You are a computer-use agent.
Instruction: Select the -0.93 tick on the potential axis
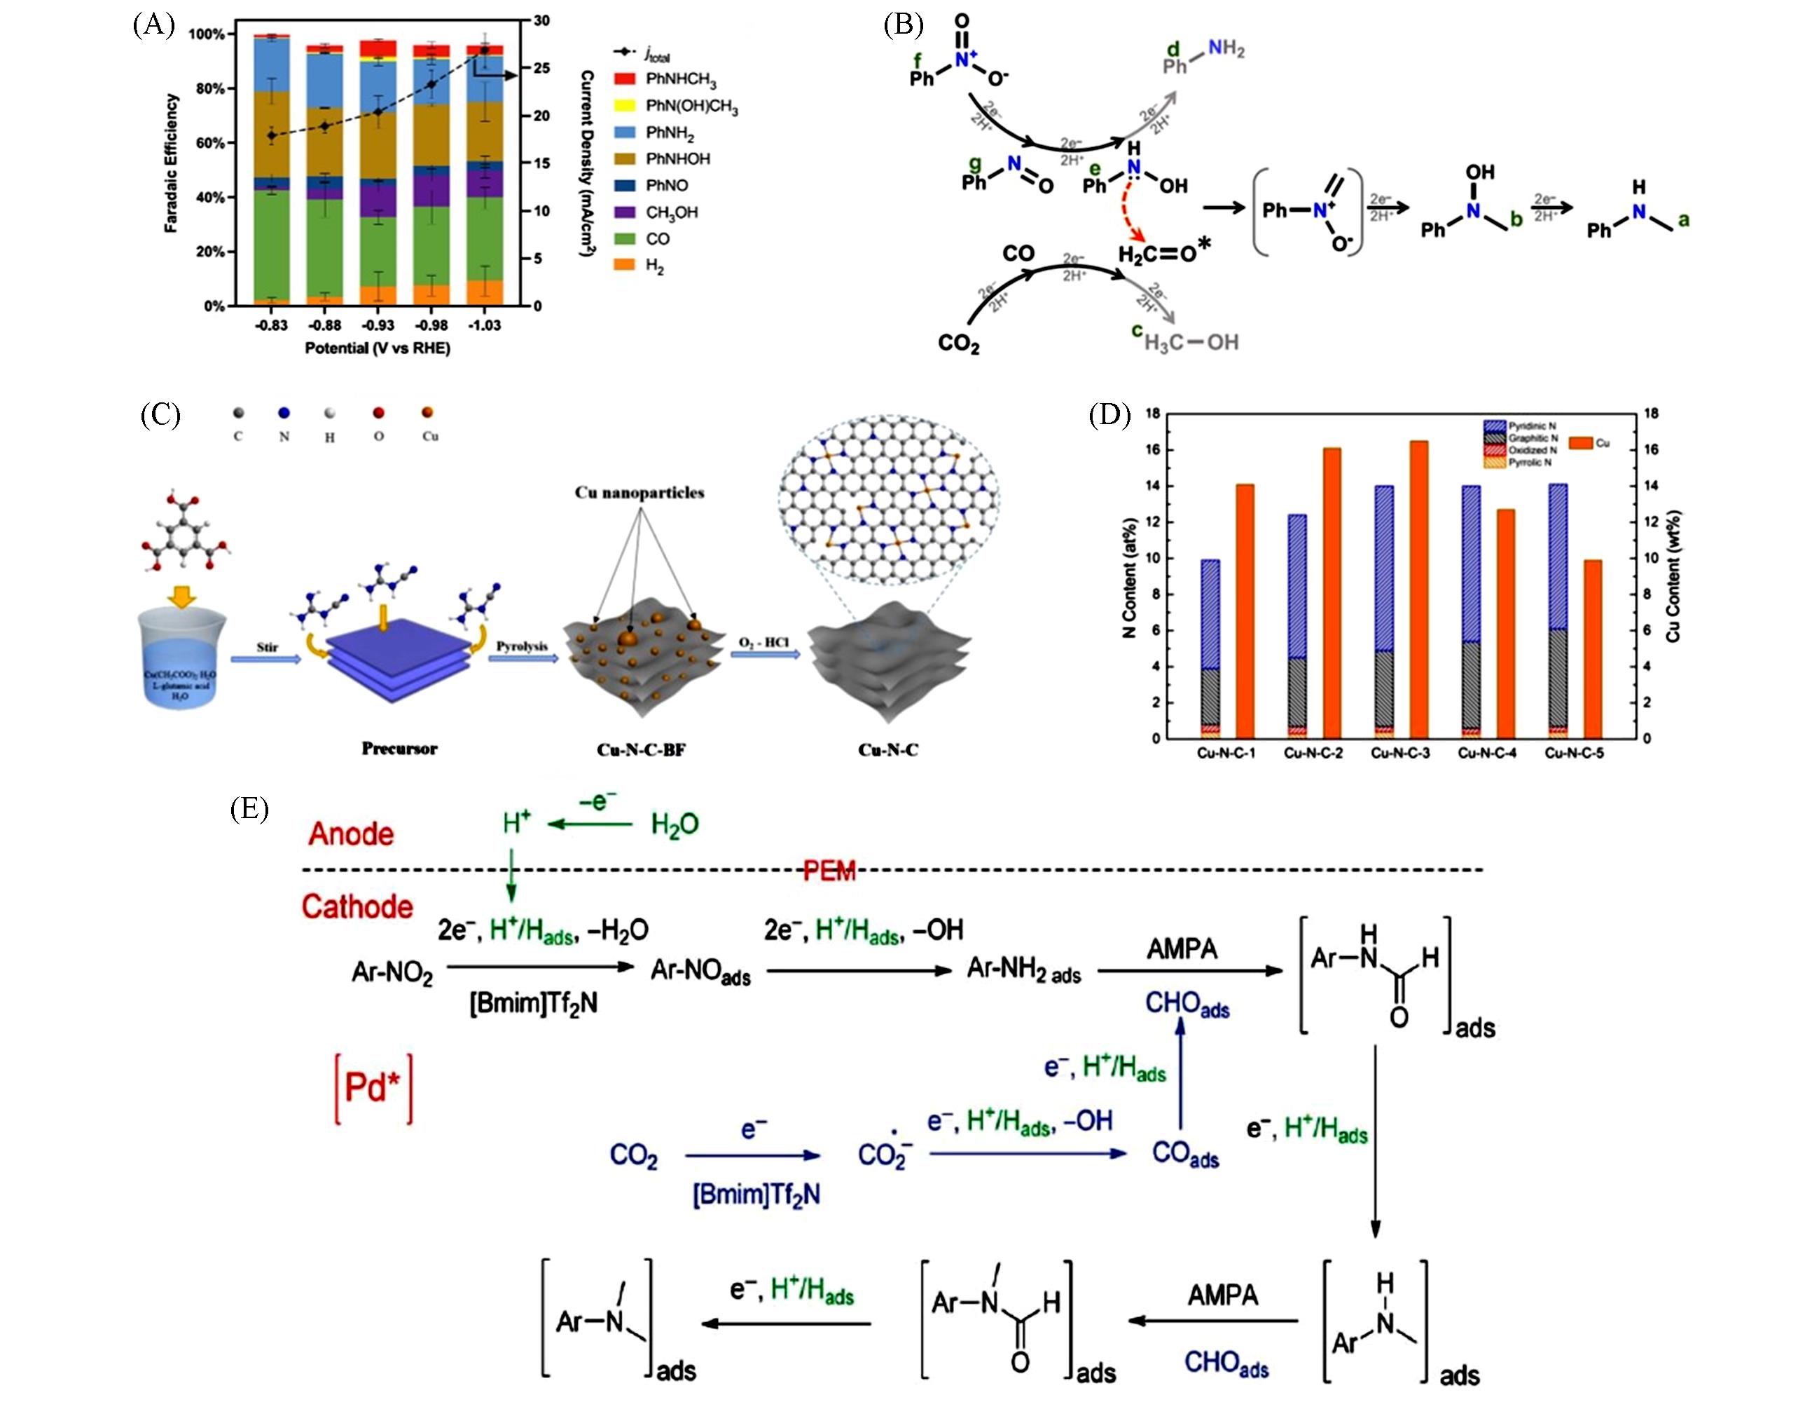tap(378, 325)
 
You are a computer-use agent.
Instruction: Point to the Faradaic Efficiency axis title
tap(171, 163)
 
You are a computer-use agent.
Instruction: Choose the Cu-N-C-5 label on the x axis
tap(1574, 753)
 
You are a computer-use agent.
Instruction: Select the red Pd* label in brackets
tap(373, 1088)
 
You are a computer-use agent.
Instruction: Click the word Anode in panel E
tap(351, 833)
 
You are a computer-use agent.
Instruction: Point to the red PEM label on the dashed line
tap(829, 871)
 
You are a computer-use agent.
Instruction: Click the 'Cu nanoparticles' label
tap(639, 493)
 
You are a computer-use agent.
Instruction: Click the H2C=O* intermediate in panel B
tap(1163, 253)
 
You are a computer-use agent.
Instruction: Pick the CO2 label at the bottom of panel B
tap(958, 343)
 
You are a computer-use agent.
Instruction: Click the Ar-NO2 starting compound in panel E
tap(392, 973)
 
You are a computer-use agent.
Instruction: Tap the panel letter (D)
tap(1109, 414)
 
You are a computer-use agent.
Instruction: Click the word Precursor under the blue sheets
tap(399, 749)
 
